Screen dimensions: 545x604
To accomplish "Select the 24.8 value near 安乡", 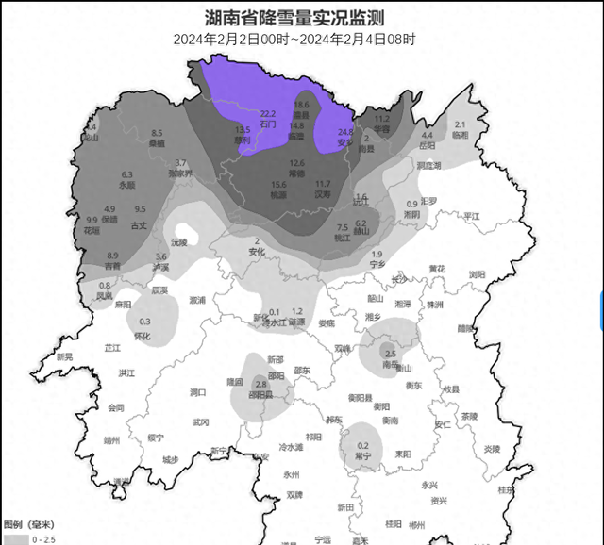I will click(345, 133).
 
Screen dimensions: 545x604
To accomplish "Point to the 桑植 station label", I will click(157, 144).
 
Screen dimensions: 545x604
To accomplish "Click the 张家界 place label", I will click(180, 173).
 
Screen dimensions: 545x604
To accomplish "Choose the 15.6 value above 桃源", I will click(278, 185).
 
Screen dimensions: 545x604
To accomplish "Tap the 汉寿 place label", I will click(323, 194).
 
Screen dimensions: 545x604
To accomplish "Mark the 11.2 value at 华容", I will click(382, 120).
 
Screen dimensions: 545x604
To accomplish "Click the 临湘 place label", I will click(460, 135).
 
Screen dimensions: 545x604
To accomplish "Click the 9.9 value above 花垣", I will click(92, 220).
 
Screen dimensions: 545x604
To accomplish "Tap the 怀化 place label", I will click(143, 336).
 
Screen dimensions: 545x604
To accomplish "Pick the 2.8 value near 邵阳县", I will click(262, 385).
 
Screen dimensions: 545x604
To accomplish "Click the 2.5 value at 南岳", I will click(391, 354).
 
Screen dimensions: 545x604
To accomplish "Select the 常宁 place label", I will click(362, 456).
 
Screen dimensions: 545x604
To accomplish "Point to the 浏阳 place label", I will click(477, 274).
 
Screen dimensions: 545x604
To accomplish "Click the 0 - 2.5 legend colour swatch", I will click(15, 540).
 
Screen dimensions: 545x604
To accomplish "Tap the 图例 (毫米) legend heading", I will click(28, 523).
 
